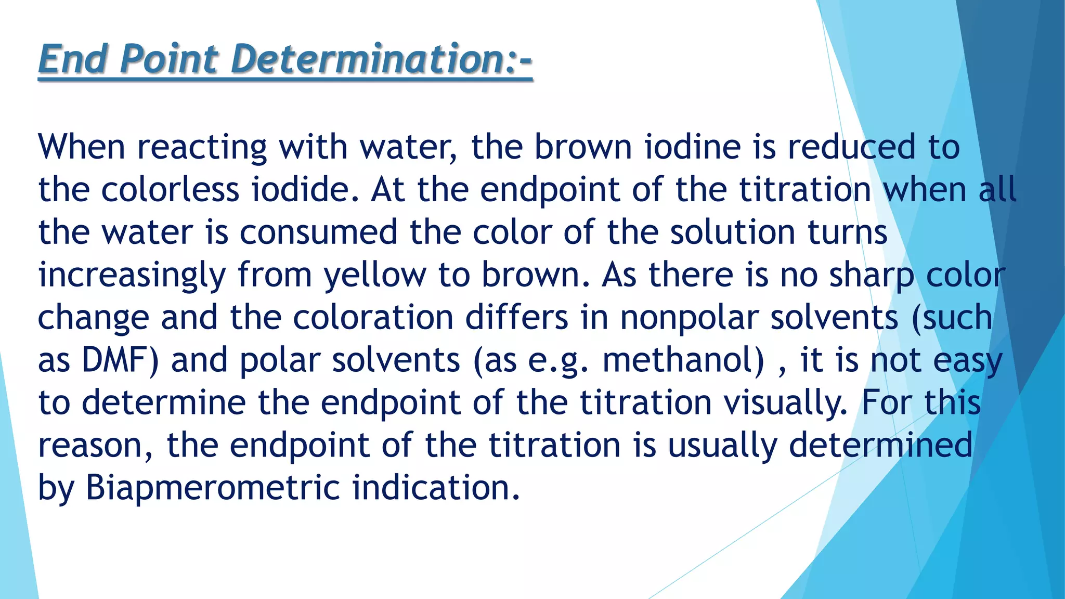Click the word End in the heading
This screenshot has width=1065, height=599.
73,59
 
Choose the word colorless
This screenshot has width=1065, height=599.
170,190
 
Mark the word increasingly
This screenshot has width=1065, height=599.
132,275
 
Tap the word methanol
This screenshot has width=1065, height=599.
683,360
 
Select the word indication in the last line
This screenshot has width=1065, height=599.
436,488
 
